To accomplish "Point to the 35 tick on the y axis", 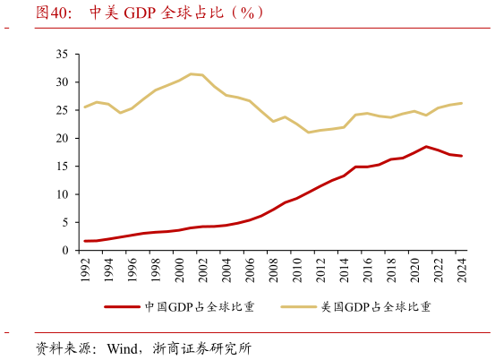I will tap(62, 55).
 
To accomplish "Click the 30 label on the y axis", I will tap(62, 82).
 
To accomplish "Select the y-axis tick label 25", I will tap(62, 110).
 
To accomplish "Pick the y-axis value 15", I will tap(62, 167).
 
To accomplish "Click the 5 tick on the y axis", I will tap(65, 223).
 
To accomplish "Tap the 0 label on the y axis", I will tap(65, 251).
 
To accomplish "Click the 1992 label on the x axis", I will tap(86, 270).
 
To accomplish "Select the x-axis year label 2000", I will tap(179, 270).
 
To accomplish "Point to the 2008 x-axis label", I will tap(273, 270).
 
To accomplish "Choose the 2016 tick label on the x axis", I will tap(367, 270).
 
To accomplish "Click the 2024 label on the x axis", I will tap(461, 270).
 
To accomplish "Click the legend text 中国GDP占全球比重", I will tap(200, 307).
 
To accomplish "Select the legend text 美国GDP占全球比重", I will tap(376, 307).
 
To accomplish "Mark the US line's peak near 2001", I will tap(191, 73).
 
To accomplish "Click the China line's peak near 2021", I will tap(426, 146).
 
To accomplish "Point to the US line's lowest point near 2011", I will tap(309, 133).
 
